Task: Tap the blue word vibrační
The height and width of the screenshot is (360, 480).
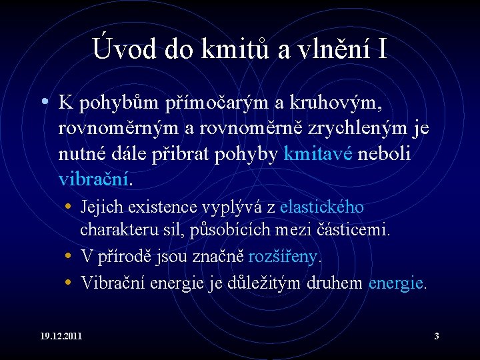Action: tap(95, 179)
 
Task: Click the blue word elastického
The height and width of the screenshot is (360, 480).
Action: tap(321, 207)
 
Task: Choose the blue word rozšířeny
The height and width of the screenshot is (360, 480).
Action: tap(283, 256)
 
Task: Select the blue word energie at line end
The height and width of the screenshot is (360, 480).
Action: tap(396, 283)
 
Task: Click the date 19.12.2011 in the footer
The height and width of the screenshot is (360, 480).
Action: tap(60, 335)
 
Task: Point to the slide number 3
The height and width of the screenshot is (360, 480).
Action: tap(437, 335)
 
